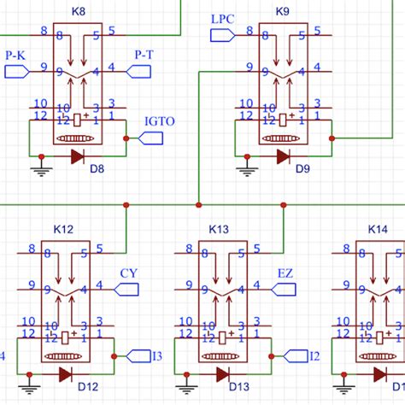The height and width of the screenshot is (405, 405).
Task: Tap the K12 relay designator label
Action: (63, 230)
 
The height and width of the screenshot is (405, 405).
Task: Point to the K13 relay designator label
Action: (219, 230)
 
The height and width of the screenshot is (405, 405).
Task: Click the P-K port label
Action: (15, 55)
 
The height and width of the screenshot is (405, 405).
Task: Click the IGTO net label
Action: (160, 121)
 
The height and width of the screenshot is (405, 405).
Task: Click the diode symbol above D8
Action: (77, 156)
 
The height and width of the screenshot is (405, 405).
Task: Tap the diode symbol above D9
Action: (282, 156)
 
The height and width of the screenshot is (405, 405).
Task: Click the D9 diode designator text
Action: (302, 169)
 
